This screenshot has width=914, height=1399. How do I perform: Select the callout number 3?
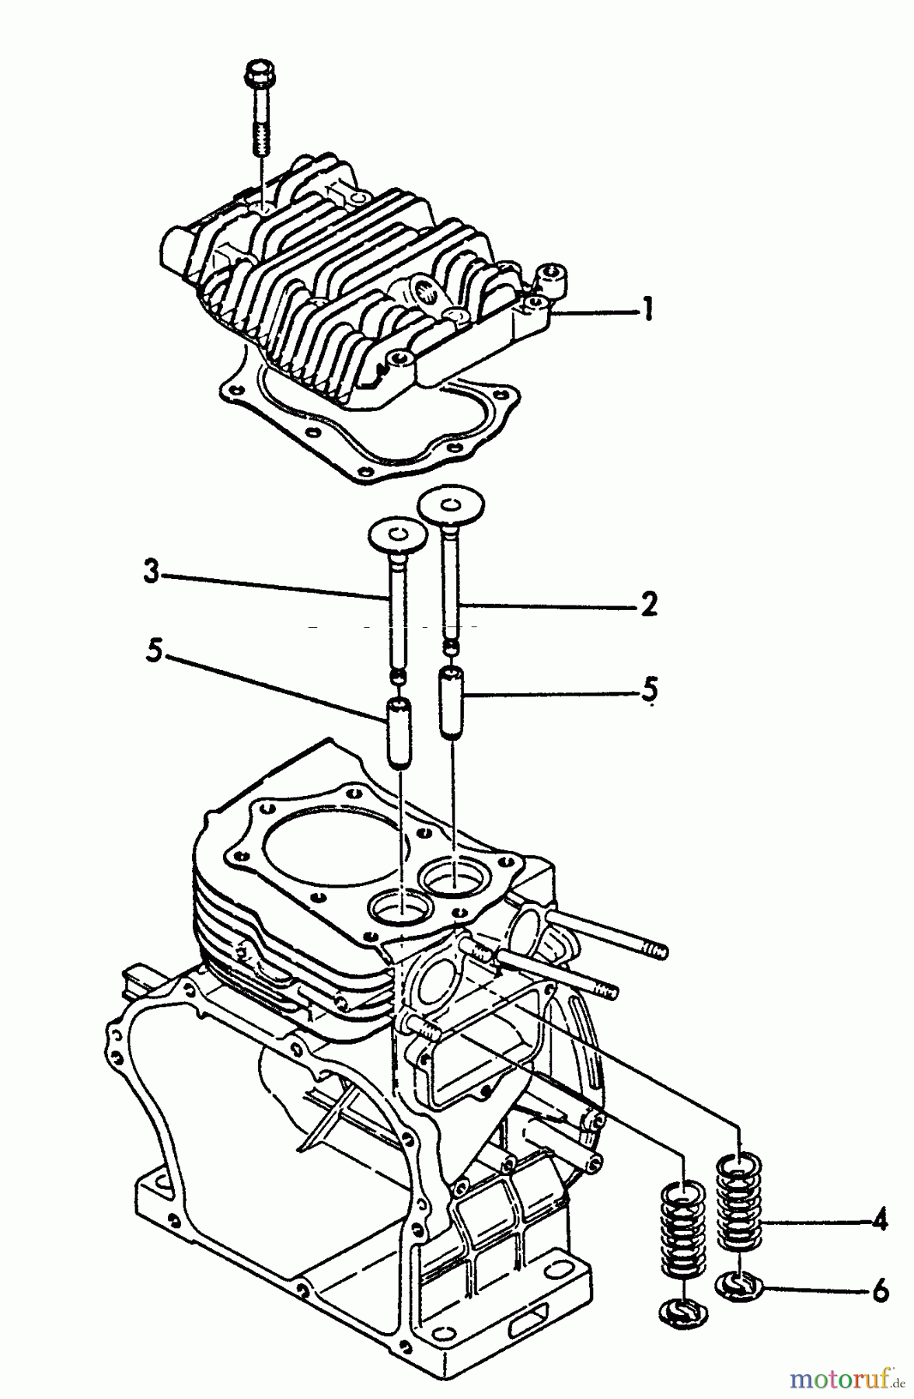point(151,574)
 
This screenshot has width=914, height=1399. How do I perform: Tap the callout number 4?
point(879,1222)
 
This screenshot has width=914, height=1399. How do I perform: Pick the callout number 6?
point(880,1291)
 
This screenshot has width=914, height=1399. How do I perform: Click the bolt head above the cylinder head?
point(255,75)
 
